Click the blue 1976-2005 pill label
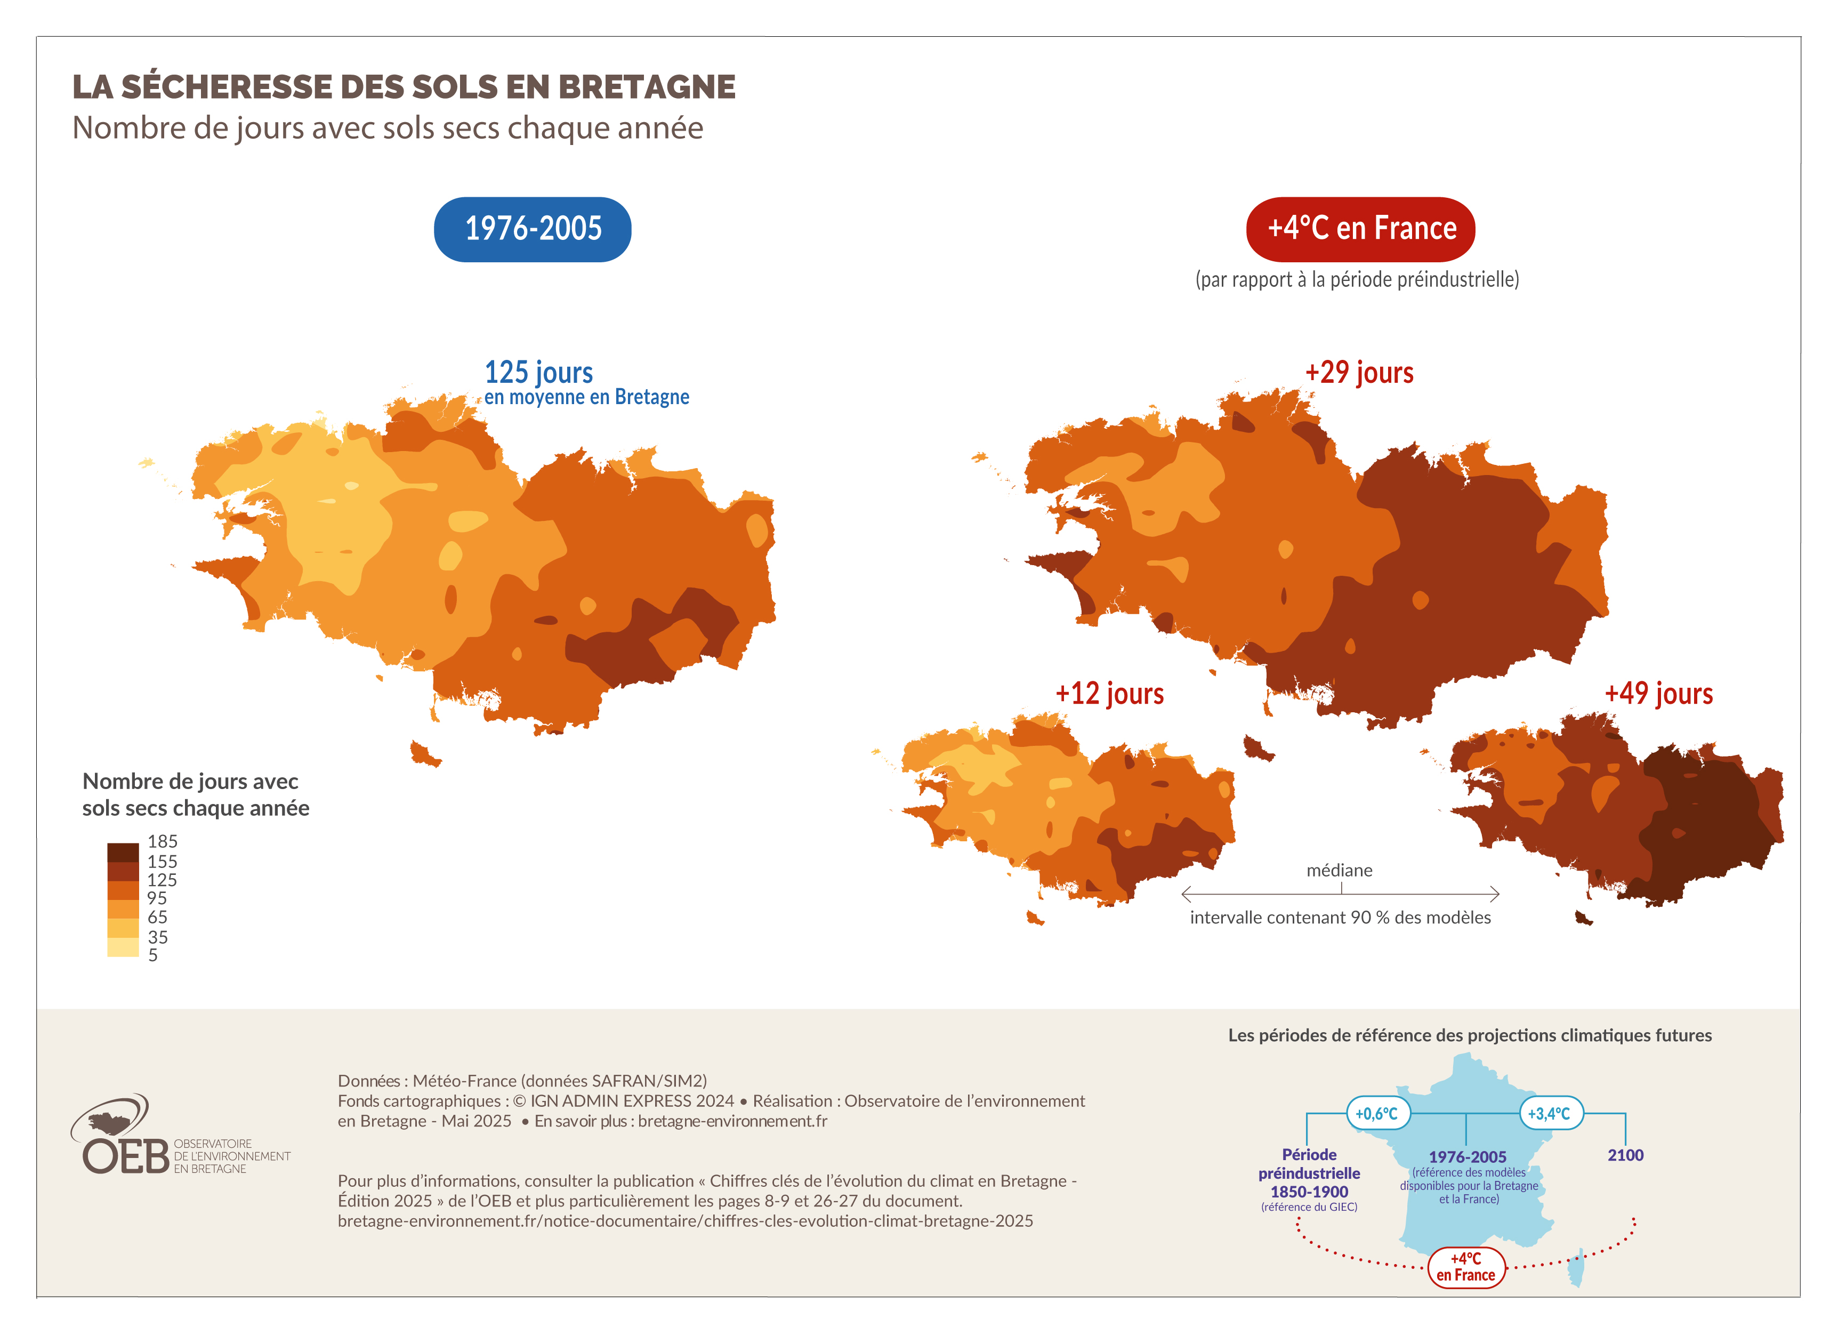pos(533,229)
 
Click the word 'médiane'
pos(1339,871)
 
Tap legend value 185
pos(162,841)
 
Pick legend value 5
pos(153,955)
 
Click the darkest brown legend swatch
pos(123,852)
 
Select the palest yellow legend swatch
pos(123,947)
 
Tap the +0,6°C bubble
pos(1377,1114)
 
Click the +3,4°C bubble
pos(1550,1114)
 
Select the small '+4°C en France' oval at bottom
pos(1465,1267)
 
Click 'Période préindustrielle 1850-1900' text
pos(1309,1173)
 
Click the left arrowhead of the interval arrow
pos(1186,895)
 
